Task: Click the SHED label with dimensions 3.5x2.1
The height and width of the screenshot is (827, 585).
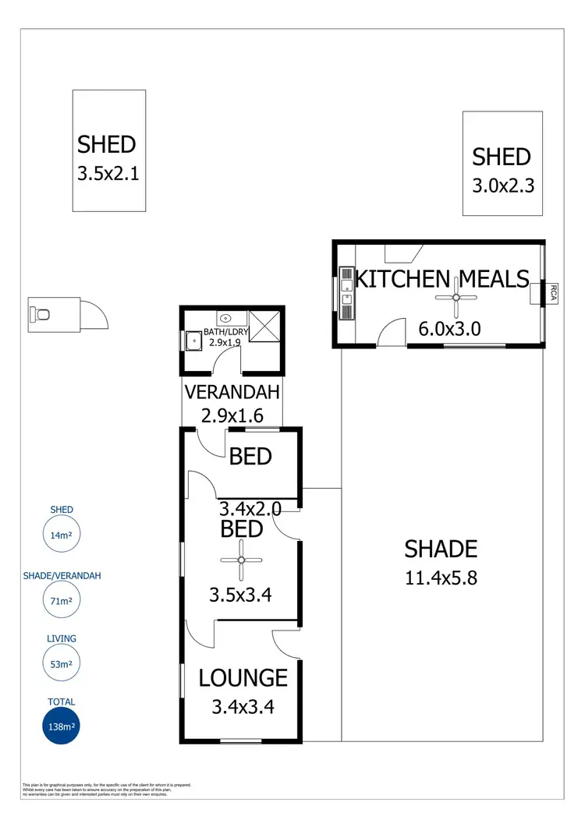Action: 107,144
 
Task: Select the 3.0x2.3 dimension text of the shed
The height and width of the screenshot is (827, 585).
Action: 502,186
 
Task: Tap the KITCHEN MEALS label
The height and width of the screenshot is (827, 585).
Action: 441,278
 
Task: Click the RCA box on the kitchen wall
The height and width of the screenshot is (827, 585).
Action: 552,292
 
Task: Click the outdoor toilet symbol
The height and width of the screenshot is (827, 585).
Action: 42,314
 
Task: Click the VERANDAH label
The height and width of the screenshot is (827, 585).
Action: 232,392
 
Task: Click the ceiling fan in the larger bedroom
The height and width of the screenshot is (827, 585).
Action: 242,560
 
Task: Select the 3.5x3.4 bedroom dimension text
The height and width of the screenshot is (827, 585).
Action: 240,596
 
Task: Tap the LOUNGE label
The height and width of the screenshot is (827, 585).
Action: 243,678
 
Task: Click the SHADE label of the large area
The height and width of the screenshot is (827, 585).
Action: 440,549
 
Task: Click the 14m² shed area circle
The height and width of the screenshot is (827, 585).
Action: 61,535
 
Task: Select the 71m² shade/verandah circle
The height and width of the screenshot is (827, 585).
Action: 61,601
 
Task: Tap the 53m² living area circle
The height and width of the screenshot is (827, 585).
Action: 61,664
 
